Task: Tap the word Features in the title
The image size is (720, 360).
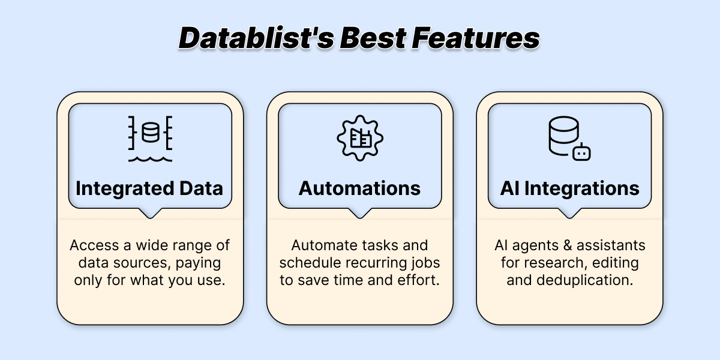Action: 476,38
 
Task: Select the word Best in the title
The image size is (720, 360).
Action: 373,38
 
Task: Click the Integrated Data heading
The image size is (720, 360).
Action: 149,188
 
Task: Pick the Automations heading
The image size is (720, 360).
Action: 359,188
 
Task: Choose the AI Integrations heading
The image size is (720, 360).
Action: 570,188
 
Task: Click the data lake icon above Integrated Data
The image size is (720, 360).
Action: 150,139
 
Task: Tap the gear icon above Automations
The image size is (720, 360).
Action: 360,138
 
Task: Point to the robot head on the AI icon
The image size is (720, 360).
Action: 581,152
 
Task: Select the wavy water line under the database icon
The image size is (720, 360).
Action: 150,159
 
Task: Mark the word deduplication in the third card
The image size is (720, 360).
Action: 585,280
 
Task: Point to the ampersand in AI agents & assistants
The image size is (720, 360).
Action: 568,245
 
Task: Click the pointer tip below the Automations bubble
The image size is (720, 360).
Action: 360,218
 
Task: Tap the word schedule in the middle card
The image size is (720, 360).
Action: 310,263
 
